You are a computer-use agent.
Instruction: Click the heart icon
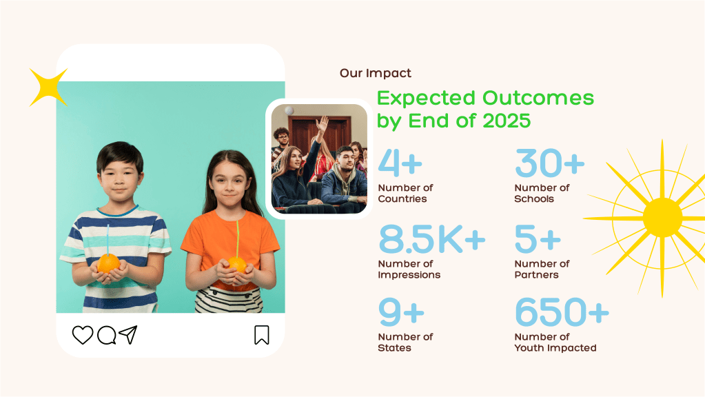[x=83, y=335]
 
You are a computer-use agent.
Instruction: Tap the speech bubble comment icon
[x=107, y=335]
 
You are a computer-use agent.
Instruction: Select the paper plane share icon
[x=128, y=334]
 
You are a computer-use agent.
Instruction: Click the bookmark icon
[x=262, y=335]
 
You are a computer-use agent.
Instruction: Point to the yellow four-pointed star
[x=48, y=88]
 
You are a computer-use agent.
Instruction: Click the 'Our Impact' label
[x=376, y=73]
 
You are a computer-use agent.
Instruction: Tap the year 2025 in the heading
[x=507, y=121]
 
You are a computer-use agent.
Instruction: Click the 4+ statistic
[x=400, y=163]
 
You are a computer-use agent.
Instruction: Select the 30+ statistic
[x=549, y=163]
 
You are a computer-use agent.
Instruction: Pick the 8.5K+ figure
[x=431, y=238]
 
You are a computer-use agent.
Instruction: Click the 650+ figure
[x=562, y=312]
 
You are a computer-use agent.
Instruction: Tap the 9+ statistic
[x=402, y=312]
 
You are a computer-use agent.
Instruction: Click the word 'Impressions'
[x=409, y=275]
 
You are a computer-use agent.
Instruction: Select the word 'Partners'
[x=536, y=275]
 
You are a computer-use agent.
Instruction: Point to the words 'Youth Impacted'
[x=555, y=347]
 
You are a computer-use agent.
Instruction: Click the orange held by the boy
[x=108, y=263]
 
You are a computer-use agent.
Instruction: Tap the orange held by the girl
[x=237, y=265]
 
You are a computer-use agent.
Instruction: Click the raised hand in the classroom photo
[x=322, y=123]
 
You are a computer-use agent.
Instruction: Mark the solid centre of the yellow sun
[x=662, y=218]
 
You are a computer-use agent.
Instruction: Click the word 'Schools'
[x=534, y=198]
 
